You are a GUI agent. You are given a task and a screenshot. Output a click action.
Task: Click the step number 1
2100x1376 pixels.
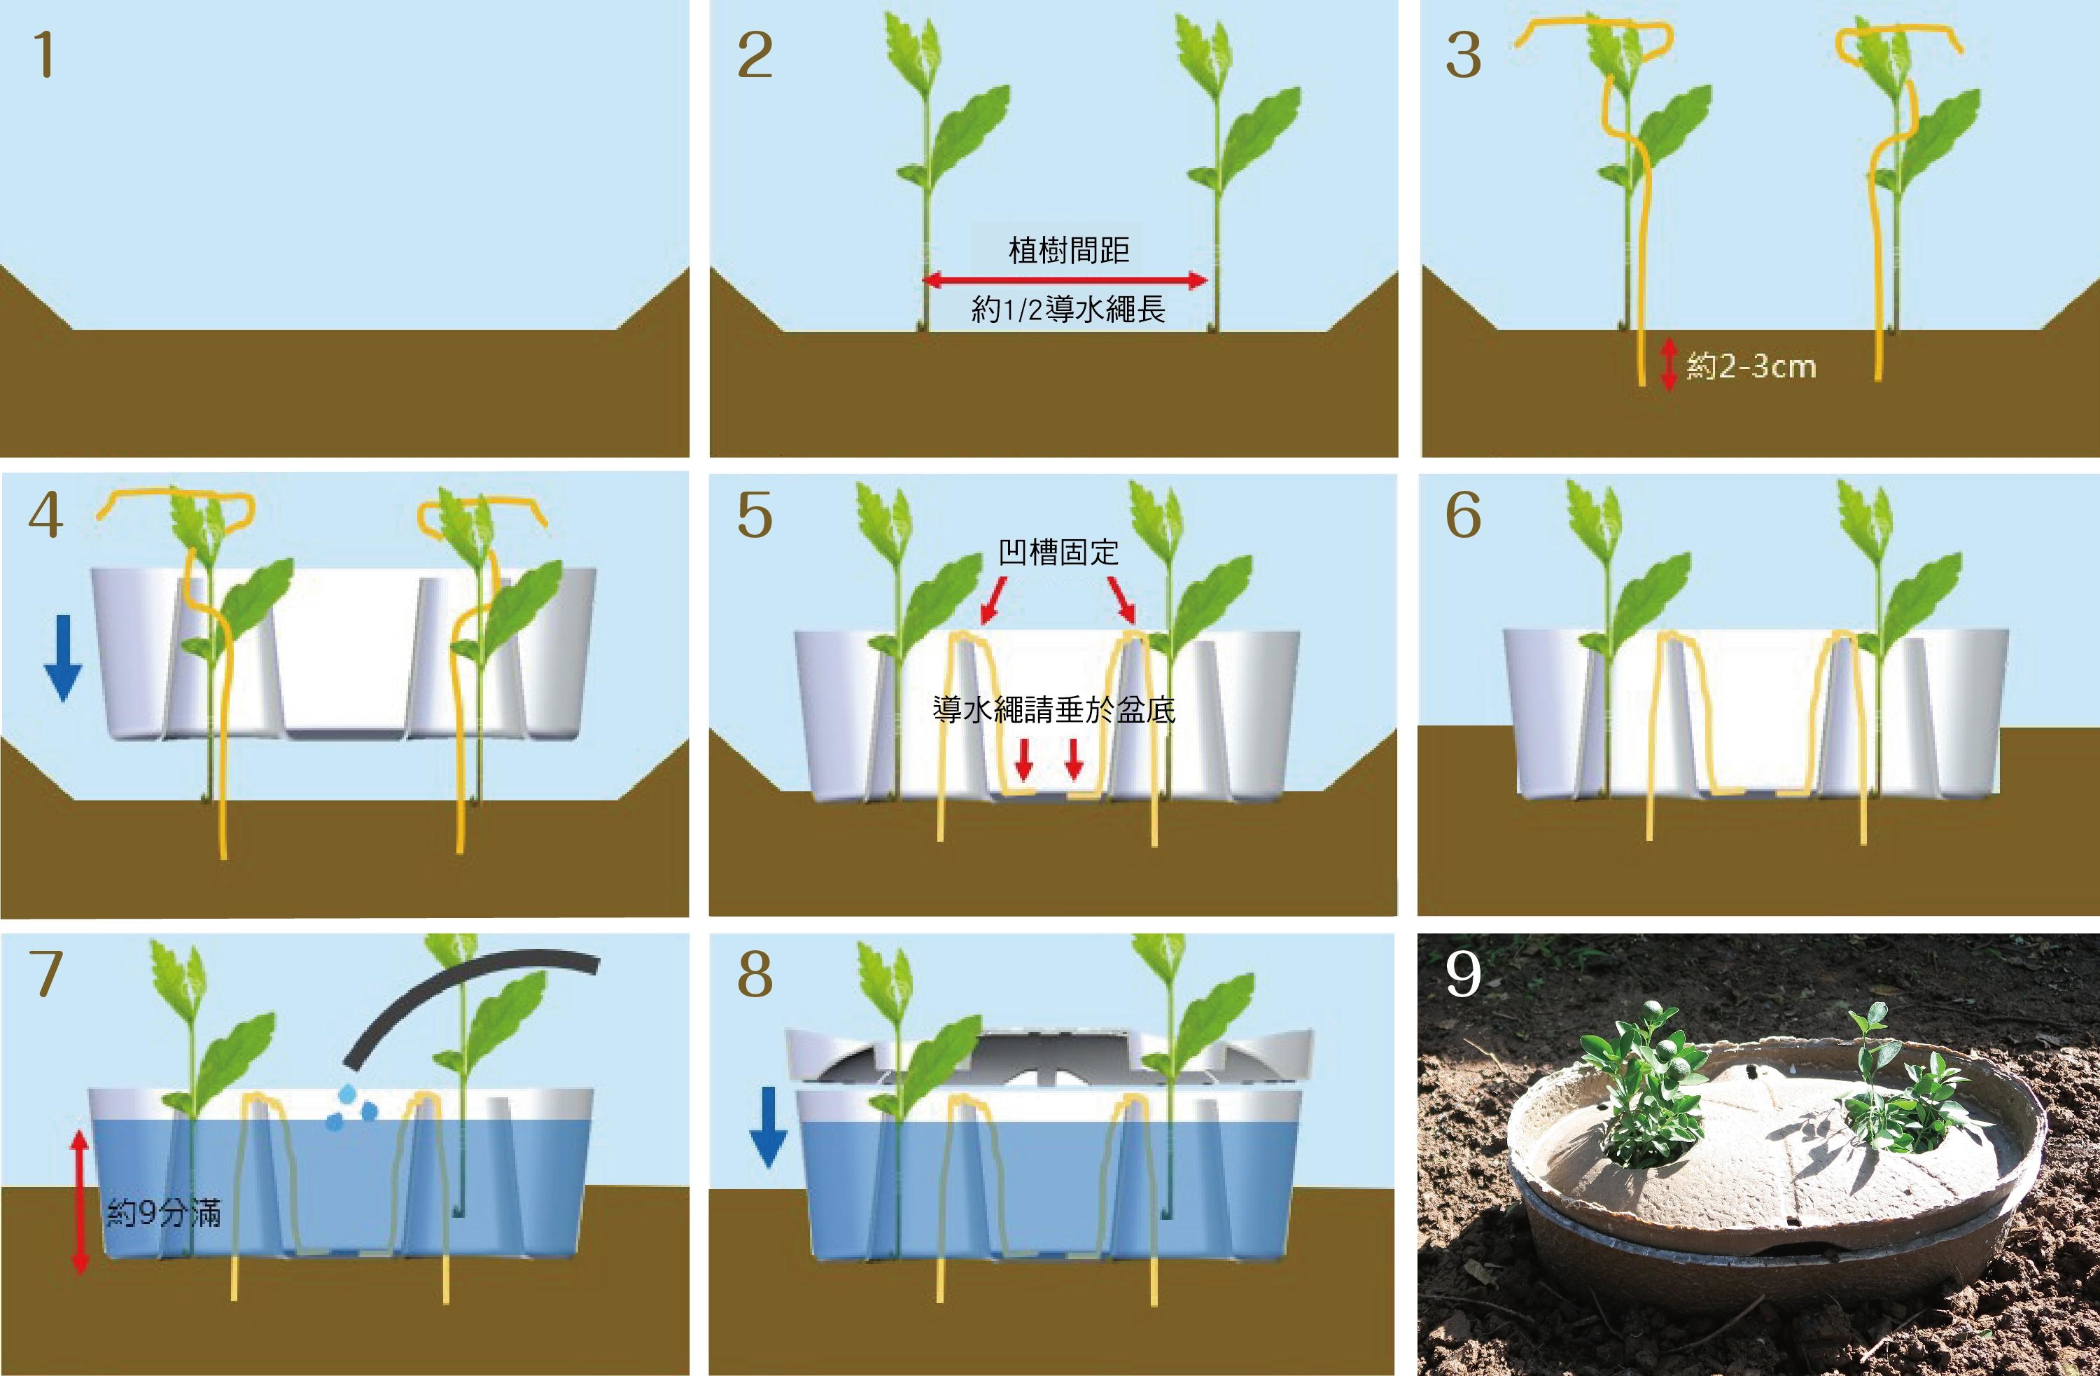click(43, 55)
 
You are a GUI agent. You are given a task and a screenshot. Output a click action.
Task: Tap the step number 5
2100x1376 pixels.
click(755, 515)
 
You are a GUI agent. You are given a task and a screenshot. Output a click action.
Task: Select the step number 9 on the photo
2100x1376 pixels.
click(1463, 975)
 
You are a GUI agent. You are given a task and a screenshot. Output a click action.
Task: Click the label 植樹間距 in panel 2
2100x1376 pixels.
click(1068, 251)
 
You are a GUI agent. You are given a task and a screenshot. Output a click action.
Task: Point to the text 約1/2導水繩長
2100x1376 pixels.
click(1067, 310)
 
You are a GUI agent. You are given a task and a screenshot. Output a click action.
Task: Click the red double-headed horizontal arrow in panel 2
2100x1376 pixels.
click(1065, 281)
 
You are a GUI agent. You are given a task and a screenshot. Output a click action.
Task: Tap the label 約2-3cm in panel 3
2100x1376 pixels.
click(1751, 366)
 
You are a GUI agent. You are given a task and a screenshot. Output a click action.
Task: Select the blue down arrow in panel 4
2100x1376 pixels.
click(62, 657)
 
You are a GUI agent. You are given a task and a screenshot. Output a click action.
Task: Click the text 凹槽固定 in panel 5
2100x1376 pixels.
click(1058, 553)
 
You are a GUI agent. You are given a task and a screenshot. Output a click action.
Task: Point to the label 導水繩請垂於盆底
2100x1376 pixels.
click(1054, 709)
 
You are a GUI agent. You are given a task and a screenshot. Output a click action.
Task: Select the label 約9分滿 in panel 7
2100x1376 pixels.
click(163, 1214)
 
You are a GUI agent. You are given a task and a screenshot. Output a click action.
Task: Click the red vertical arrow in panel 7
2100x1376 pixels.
click(79, 1202)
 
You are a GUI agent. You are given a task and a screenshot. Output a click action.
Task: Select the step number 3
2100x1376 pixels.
click(1463, 55)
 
